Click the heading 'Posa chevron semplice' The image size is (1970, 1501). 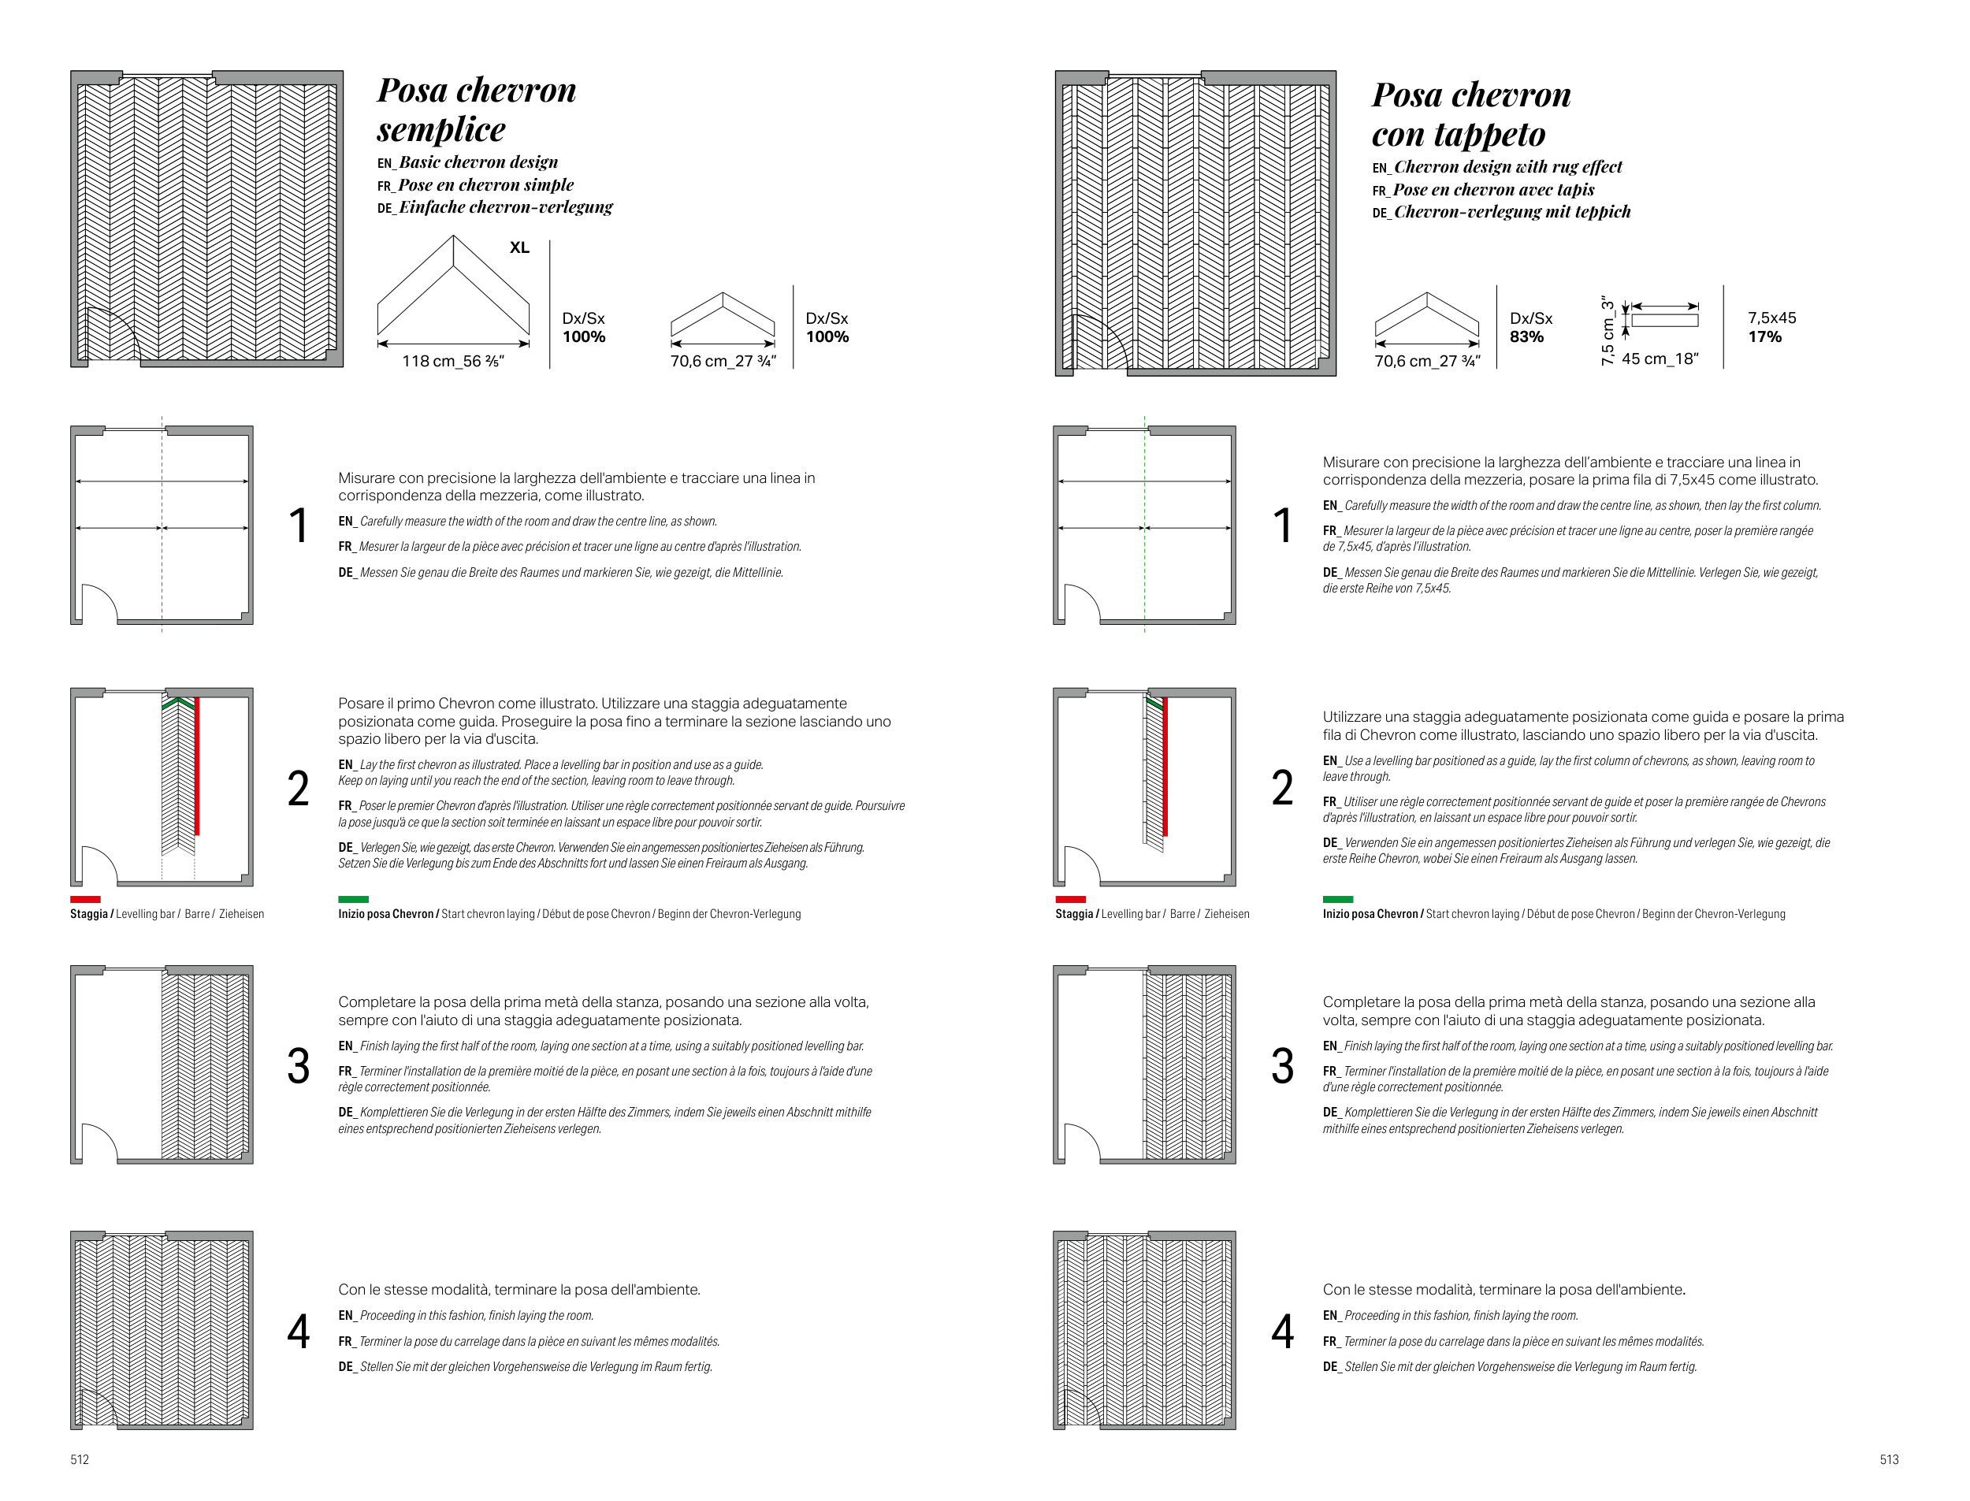coord(476,109)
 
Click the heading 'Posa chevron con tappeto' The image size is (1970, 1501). coord(1470,113)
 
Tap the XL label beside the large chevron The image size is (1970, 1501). coord(519,247)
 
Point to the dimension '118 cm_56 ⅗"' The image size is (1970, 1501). coord(453,361)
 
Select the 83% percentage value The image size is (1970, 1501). coord(1526,336)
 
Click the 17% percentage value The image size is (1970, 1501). coord(1764,336)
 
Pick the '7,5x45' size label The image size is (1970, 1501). coord(1771,318)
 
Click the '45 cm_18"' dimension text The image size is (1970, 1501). coord(1659,359)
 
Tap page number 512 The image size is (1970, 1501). coord(80,1459)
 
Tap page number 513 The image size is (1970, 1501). coord(1889,1459)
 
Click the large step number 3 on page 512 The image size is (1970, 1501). coord(299,1066)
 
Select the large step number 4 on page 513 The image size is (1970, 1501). coord(1282,1332)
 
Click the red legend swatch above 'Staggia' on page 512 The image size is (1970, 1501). coord(86,899)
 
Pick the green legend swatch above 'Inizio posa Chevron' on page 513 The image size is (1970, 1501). coord(1337,899)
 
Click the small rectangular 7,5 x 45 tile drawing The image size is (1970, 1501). coord(1664,320)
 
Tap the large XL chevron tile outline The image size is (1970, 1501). coord(453,286)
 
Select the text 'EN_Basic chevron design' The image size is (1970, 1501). coord(467,162)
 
